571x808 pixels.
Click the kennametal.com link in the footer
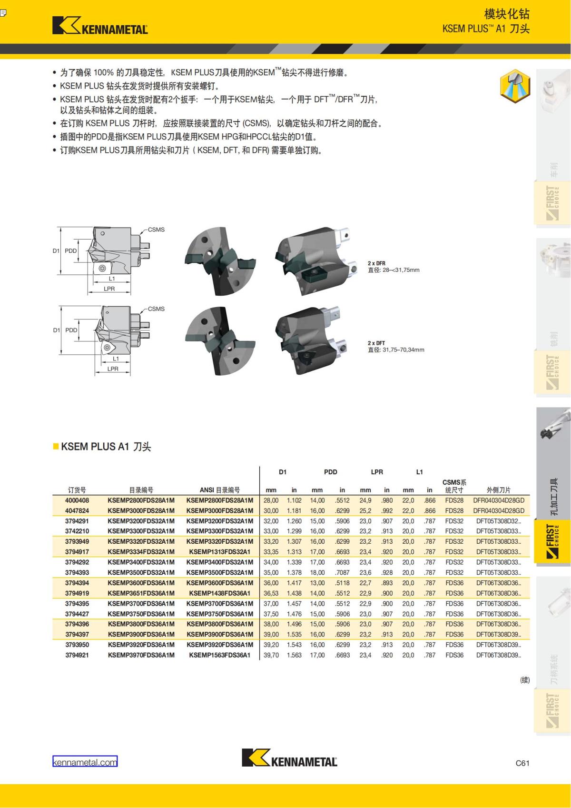[x=85, y=762]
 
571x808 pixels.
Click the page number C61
[x=522, y=763]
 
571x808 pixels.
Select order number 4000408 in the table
[x=77, y=500]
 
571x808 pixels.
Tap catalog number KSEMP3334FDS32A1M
[x=141, y=552]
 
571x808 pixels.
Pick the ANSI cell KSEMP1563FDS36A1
[x=219, y=655]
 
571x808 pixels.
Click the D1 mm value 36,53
[x=271, y=593]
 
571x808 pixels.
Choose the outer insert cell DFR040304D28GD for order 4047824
[x=499, y=510]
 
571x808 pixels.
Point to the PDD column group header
[x=330, y=472]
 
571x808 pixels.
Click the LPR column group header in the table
[x=377, y=472]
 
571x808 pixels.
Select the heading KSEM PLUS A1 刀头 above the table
[x=106, y=447]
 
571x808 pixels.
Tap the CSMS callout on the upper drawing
[x=156, y=229]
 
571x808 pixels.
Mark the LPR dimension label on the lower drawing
[x=113, y=369]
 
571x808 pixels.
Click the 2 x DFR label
[x=376, y=263]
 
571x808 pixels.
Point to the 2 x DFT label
[x=376, y=343]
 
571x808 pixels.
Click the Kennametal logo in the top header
[x=100, y=26]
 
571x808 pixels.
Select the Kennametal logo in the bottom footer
[x=289, y=758]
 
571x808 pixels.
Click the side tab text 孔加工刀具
[x=553, y=497]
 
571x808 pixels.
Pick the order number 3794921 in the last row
[x=77, y=655]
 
